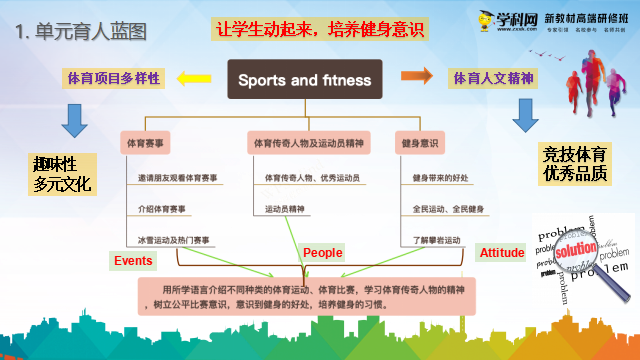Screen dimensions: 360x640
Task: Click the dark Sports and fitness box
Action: (304, 80)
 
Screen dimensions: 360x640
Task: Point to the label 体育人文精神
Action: (493, 76)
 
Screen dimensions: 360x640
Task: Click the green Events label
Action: (133, 260)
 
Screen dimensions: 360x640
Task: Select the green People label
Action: (322, 253)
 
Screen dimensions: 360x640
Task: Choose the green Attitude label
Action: (501, 253)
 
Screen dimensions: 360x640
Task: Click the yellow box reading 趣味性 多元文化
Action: (62, 174)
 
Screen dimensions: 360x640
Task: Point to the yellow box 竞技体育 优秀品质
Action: (574, 165)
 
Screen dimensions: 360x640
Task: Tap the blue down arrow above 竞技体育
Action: (527, 113)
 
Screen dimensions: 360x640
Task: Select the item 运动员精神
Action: (286, 210)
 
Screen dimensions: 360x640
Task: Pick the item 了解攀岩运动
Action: (437, 240)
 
